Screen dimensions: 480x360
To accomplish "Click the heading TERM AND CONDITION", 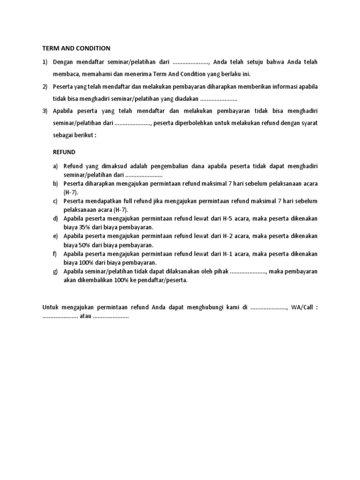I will coord(76,48).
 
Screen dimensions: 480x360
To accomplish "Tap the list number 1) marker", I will coord(45,62).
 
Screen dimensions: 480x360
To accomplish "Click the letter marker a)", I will coord(55,166).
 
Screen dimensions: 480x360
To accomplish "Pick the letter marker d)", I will coord(55,218).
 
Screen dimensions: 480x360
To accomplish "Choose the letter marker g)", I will coord(55,271).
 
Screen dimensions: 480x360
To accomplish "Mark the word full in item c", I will coord(117,201).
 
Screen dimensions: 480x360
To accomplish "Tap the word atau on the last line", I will coord(86,316).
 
